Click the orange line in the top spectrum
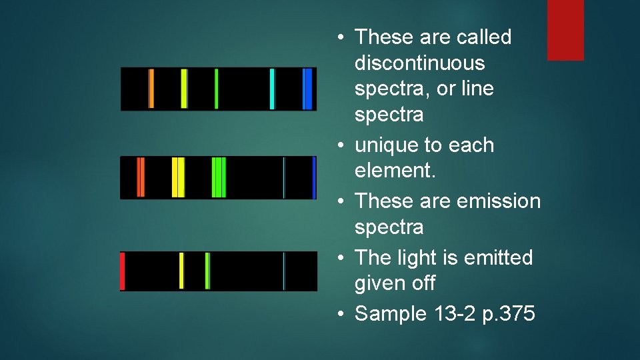point(151,89)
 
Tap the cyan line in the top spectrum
point(272,89)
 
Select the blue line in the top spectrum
point(307,89)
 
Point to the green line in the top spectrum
point(216,89)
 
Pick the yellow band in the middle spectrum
point(178,177)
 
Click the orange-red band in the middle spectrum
point(141,177)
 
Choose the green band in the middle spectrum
point(219,177)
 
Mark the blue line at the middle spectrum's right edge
point(314,177)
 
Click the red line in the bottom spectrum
point(123,271)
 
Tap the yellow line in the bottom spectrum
point(181,271)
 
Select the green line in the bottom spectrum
point(207,271)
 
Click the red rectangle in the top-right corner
point(565,30)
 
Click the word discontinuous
point(419,63)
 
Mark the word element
point(395,171)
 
